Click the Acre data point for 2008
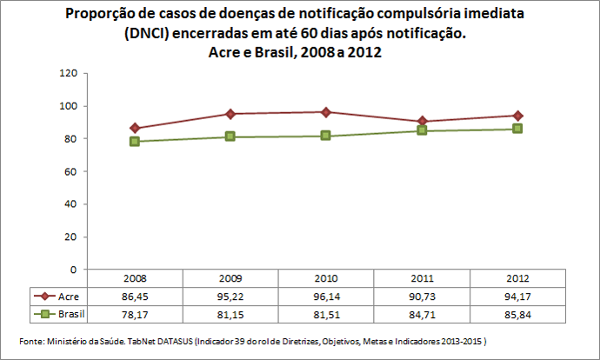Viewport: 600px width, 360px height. tap(135, 128)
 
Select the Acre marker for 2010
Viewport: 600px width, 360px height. tap(325, 112)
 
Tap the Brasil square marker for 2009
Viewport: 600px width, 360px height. tap(230, 137)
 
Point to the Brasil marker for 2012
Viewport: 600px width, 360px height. tap(517, 129)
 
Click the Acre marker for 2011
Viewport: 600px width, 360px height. tap(421, 121)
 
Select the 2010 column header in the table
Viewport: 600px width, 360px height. tap(325, 279)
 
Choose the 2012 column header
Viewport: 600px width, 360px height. tap(517, 279)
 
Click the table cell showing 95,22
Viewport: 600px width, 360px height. tap(230, 296)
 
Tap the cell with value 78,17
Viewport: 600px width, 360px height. tap(135, 312)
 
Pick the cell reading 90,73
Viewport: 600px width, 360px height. tap(421, 296)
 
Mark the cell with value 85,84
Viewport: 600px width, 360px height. tap(517, 312)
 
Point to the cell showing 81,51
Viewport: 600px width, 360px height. tap(325, 312)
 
